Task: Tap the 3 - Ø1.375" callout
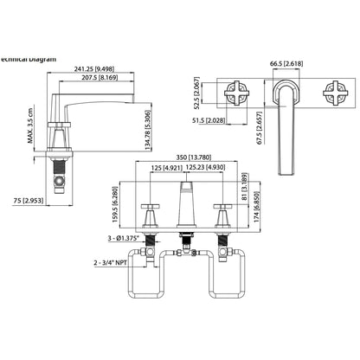120,237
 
